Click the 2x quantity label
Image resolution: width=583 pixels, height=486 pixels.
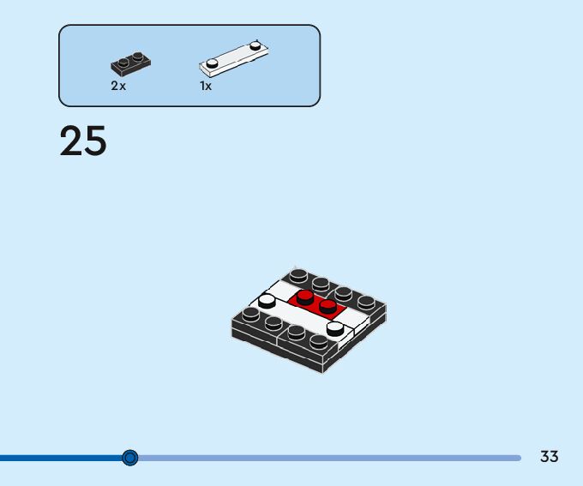[118, 86]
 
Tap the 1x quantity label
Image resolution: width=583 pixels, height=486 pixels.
[206, 86]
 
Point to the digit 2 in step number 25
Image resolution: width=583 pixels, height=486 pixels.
[71, 141]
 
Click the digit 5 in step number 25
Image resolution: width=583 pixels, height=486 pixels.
[94, 141]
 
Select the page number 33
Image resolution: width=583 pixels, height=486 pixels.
[549, 457]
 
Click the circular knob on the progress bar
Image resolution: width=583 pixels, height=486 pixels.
[129, 458]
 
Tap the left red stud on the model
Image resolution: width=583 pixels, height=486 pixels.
[305, 296]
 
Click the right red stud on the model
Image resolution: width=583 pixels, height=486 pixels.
[327, 305]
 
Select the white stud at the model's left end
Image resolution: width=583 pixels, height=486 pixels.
[267, 300]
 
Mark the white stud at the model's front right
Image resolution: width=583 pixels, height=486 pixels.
[335, 327]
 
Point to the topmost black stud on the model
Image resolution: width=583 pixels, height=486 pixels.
[298, 275]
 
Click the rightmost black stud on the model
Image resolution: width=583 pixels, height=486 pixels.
[366, 301]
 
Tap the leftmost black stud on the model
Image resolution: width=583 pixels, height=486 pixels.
[250, 314]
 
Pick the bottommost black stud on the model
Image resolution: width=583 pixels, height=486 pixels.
[318, 340]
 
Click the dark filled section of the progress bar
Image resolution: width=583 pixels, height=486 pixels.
[60, 458]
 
